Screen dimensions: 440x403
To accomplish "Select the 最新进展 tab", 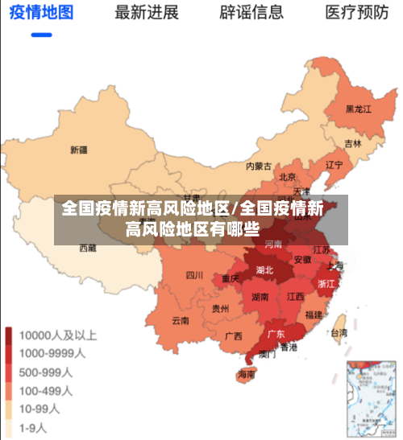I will tap(147, 13).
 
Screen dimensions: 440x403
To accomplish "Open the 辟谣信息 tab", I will tap(251, 13).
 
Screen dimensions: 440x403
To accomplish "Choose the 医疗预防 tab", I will tap(356, 13).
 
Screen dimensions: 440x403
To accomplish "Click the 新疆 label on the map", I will tap(78, 150).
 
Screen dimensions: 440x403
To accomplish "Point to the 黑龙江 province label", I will tap(358, 109).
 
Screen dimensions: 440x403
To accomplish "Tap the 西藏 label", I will tap(87, 249).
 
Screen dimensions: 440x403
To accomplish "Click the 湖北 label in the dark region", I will tap(264, 270).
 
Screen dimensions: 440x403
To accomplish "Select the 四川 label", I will tap(194, 275).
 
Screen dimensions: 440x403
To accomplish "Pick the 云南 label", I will tap(180, 320).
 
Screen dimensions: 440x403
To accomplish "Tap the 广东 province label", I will tap(276, 334).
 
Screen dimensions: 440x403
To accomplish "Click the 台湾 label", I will tap(339, 332).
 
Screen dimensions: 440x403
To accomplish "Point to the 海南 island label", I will tap(247, 374).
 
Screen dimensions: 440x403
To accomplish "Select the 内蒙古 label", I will tap(259, 167).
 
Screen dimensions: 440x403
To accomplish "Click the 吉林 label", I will tap(353, 144).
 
